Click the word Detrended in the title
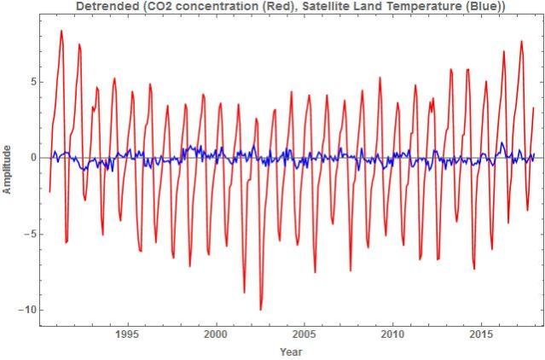point(105,7)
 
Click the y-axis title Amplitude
point(8,159)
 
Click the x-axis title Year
point(290,351)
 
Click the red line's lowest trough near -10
point(261,310)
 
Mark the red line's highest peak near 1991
point(61,32)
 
